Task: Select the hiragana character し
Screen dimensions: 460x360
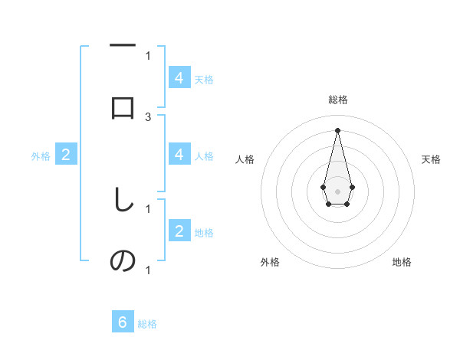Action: tap(123, 201)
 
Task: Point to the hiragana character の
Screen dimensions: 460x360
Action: tap(123, 262)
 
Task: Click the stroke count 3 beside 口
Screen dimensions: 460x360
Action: tap(148, 116)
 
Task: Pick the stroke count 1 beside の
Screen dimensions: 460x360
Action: tap(148, 270)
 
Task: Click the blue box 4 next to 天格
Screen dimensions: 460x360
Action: tap(179, 78)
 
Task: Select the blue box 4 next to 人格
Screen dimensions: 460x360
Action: tap(179, 155)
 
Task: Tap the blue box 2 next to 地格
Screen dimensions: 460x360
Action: tap(179, 231)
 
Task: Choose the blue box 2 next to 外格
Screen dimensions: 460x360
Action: tap(66, 155)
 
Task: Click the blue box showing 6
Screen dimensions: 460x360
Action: tap(123, 322)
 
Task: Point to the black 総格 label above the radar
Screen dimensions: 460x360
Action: tap(337, 100)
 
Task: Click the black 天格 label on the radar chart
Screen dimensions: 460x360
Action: tap(431, 159)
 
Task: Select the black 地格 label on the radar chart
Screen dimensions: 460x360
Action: tap(402, 262)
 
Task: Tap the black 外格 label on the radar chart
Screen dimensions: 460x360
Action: tap(270, 262)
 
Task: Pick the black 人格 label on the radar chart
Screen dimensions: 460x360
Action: tap(245, 159)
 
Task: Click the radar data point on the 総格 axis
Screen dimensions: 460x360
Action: tap(337, 129)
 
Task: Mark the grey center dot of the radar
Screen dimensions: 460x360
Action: tap(337, 190)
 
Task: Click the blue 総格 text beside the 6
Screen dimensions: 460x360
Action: tap(147, 324)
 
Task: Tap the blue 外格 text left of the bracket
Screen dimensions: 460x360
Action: tap(40, 156)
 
